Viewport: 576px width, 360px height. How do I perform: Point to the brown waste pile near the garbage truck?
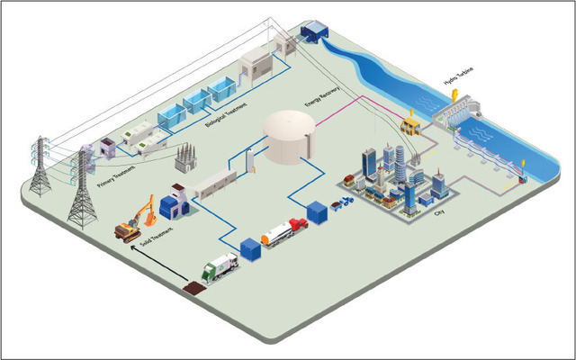pos(193,289)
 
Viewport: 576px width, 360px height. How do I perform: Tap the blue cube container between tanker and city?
pos(318,212)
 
